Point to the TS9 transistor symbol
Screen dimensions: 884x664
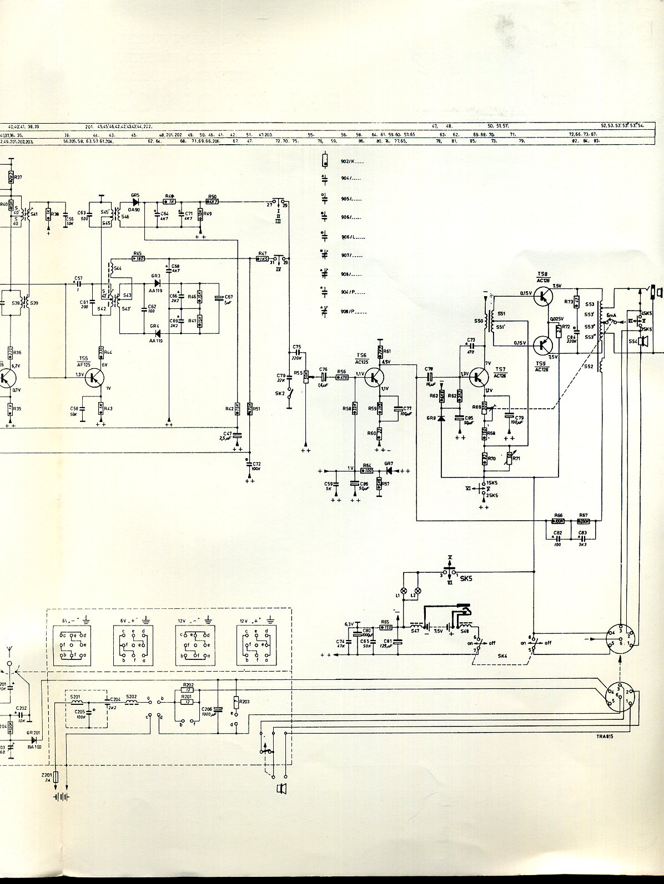(x=542, y=345)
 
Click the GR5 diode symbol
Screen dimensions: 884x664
(x=135, y=202)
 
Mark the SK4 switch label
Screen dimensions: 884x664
(x=502, y=656)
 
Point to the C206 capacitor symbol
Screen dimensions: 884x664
(x=219, y=709)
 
